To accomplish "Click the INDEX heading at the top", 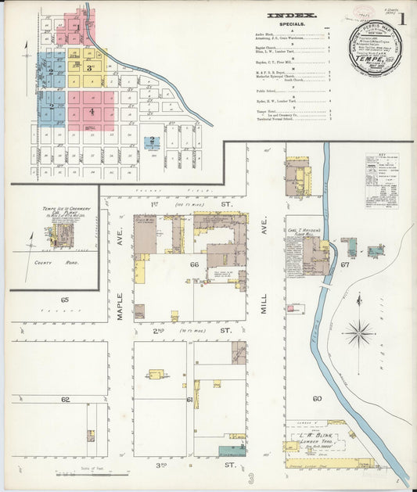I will point(293,15).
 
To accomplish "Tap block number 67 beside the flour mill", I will point(344,264).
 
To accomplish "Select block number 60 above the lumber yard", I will point(317,398).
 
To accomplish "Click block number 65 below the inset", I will point(65,300).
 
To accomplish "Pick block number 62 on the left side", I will point(65,399).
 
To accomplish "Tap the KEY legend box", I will point(381,180).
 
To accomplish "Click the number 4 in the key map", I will point(92,111).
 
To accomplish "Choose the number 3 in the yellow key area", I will point(91,68).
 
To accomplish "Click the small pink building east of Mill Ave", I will point(290,309).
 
